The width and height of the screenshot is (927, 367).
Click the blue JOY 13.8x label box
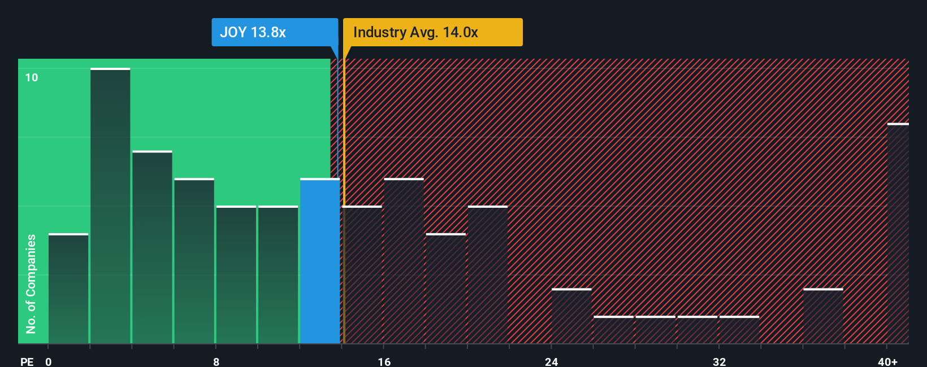tap(275, 32)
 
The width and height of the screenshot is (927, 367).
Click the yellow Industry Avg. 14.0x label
tap(432, 32)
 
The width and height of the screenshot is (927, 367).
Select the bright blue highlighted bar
tap(320, 261)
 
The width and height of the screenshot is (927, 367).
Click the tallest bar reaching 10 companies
tap(110, 206)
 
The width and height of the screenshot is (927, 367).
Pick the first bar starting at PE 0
tap(68, 289)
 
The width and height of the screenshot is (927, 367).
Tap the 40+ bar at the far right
tap(898, 234)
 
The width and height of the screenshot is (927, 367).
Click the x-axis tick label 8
tap(216, 361)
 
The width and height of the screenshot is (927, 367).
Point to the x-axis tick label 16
tap(384, 361)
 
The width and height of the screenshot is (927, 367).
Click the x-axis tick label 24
tap(551, 361)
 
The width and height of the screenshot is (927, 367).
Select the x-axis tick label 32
tap(719, 361)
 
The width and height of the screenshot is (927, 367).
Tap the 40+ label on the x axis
tap(887, 361)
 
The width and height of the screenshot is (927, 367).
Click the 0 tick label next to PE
tap(49, 361)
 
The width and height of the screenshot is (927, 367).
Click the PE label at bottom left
tap(27, 361)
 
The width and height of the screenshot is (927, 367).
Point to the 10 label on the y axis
tap(32, 77)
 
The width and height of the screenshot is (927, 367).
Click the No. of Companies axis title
tap(31, 283)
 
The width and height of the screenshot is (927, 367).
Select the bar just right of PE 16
tap(404, 261)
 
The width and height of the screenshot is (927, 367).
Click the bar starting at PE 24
tap(571, 316)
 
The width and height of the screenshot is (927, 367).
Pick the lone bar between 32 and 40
tap(823, 316)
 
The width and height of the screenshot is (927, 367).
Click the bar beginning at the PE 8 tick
tap(236, 275)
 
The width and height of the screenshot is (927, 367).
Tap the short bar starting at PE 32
tap(739, 330)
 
